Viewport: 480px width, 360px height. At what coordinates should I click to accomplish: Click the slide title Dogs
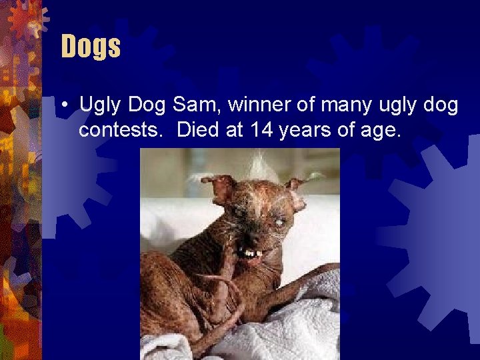91,47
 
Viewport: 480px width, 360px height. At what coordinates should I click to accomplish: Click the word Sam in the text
191,105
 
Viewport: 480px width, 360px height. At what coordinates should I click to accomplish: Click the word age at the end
381,129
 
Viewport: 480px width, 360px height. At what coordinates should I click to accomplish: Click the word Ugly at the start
100,105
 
